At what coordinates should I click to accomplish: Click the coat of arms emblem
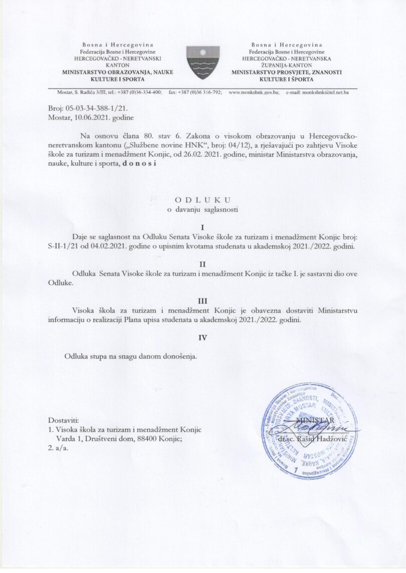[203, 62]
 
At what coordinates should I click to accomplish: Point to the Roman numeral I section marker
[203, 227]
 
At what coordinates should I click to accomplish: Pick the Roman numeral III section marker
[203, 301]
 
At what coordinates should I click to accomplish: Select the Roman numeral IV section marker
[203, 338]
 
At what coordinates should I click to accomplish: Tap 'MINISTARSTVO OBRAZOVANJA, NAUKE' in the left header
[117, 72]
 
